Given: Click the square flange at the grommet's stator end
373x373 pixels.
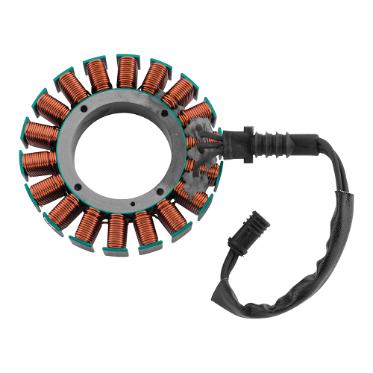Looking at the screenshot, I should click(x=228, y=137).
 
